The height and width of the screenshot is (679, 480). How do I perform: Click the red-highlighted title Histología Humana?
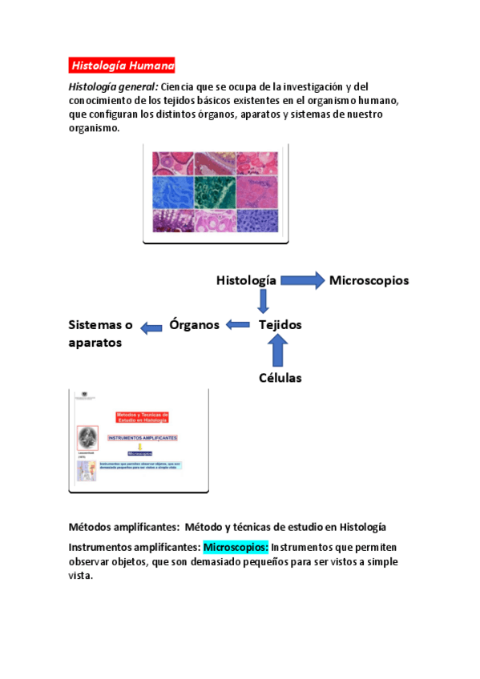[122, 65]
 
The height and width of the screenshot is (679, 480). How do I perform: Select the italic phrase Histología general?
[112, 86]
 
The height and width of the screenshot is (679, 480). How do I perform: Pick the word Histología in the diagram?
[246, 280]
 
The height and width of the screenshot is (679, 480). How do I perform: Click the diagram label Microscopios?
[369, 280]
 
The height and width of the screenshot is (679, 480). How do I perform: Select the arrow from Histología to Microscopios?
[302, 280]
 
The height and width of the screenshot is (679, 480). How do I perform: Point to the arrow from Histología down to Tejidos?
[263, 302]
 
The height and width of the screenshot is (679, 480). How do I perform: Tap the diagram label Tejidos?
[280, 325]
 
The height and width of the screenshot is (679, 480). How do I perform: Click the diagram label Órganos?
[194, 325]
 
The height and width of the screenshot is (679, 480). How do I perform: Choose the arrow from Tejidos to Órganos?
[238, 325]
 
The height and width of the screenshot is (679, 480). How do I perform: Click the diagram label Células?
[280, 378]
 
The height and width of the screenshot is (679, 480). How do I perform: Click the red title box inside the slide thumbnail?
[143, 417]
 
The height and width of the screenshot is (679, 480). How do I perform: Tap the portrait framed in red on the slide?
[87, 438]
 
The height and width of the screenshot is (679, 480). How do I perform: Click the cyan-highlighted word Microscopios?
[236, 548]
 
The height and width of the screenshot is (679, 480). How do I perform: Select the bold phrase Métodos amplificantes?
[123, 527]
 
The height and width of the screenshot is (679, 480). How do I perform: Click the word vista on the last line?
[81, 577]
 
